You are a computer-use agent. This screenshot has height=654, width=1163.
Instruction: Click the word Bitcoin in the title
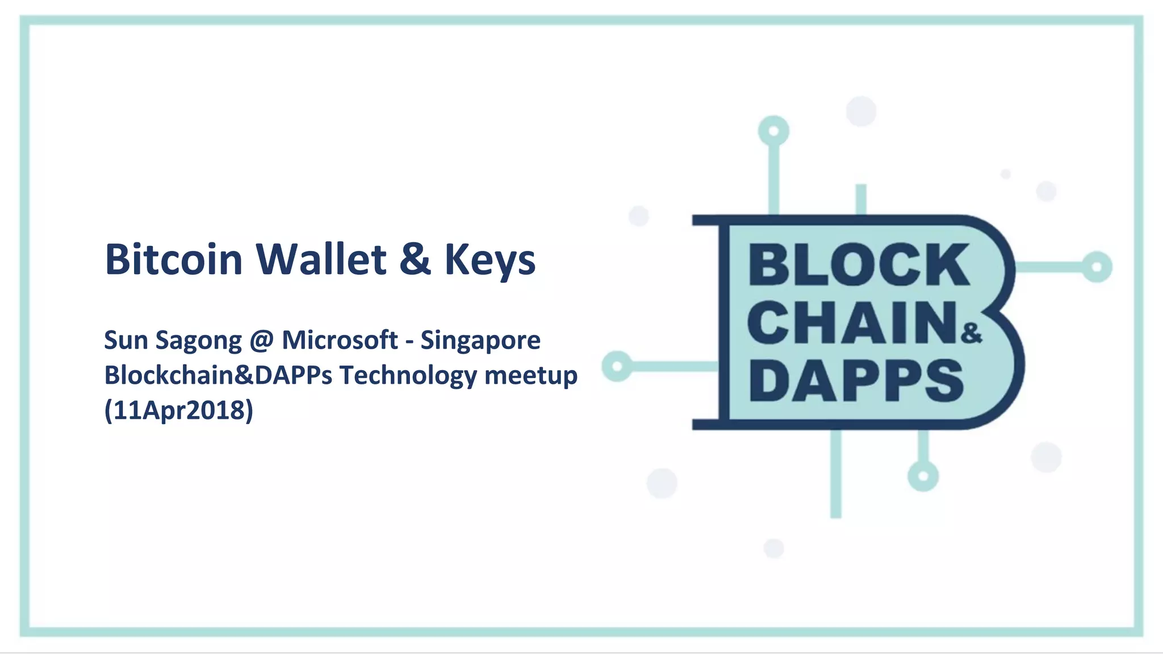pos(173,259)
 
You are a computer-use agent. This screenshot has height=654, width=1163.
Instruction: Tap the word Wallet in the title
pos(321,259)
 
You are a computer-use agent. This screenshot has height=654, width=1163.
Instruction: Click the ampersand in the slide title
pos(415,259)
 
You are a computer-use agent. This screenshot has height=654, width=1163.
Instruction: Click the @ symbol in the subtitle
pos(261,341)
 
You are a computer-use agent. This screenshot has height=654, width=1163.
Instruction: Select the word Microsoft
pos(340,340)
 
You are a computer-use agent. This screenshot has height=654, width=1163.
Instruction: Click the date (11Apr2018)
pos(178,410)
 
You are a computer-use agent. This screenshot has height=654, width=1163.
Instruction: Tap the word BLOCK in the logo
pos(859,265)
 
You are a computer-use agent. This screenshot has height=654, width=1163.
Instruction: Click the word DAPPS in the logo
pos(856,380)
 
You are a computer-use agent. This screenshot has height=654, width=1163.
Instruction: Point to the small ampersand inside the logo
pos(971,333)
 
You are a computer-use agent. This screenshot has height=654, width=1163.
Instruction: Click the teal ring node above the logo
pos(773,131)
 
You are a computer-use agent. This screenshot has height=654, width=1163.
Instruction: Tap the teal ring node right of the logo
pos(1097,267)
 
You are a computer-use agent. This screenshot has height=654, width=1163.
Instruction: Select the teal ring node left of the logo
pos(617,366)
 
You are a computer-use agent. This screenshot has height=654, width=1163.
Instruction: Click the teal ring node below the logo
pos(923,476)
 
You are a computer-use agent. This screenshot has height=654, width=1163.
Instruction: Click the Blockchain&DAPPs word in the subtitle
pos(218,376)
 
